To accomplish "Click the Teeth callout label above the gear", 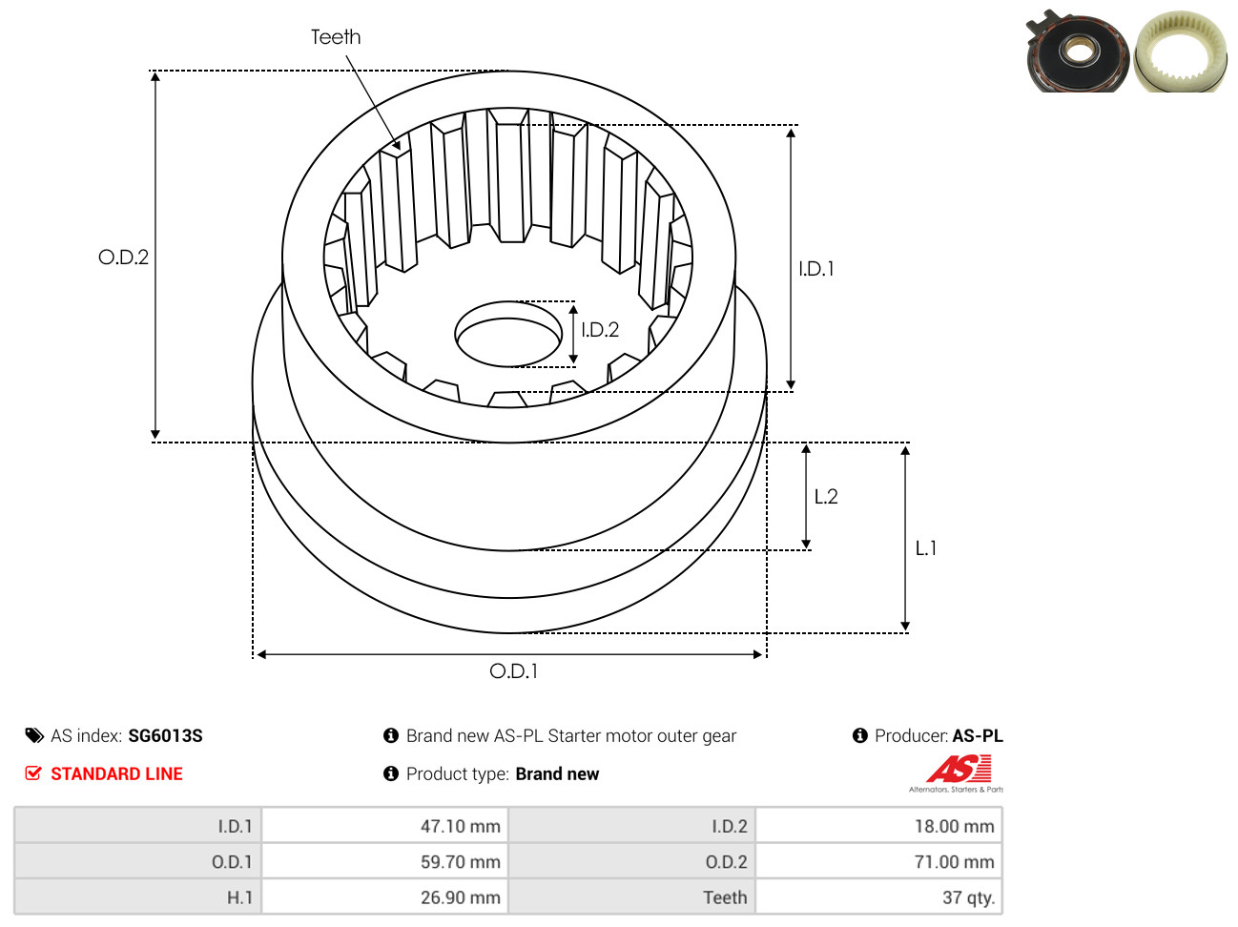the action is pos(336,37).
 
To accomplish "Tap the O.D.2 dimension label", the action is pos(124,257).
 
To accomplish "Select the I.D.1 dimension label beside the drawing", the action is pos(816,269).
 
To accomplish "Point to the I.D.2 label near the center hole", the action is pos(600,330).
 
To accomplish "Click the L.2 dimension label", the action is pos(826,496).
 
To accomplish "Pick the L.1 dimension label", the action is pos(925,548).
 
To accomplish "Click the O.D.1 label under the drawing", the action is pos(514,671).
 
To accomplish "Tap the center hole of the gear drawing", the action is pos(508,334).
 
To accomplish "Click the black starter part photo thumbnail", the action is pos(1077,51).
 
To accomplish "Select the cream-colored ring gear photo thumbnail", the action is pos(1181,51).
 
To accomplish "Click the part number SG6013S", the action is pos(165,736).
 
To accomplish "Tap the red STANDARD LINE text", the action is pos(116,773).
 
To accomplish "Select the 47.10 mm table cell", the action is pos(461,826).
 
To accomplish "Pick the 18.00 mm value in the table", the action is pos(955,826).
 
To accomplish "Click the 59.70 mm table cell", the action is pos(461,861).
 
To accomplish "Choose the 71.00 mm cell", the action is pos(955,861).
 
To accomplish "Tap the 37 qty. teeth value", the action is pos(968,897).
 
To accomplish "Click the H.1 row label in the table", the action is pos(239,897).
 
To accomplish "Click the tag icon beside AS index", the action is pos(34,736).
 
